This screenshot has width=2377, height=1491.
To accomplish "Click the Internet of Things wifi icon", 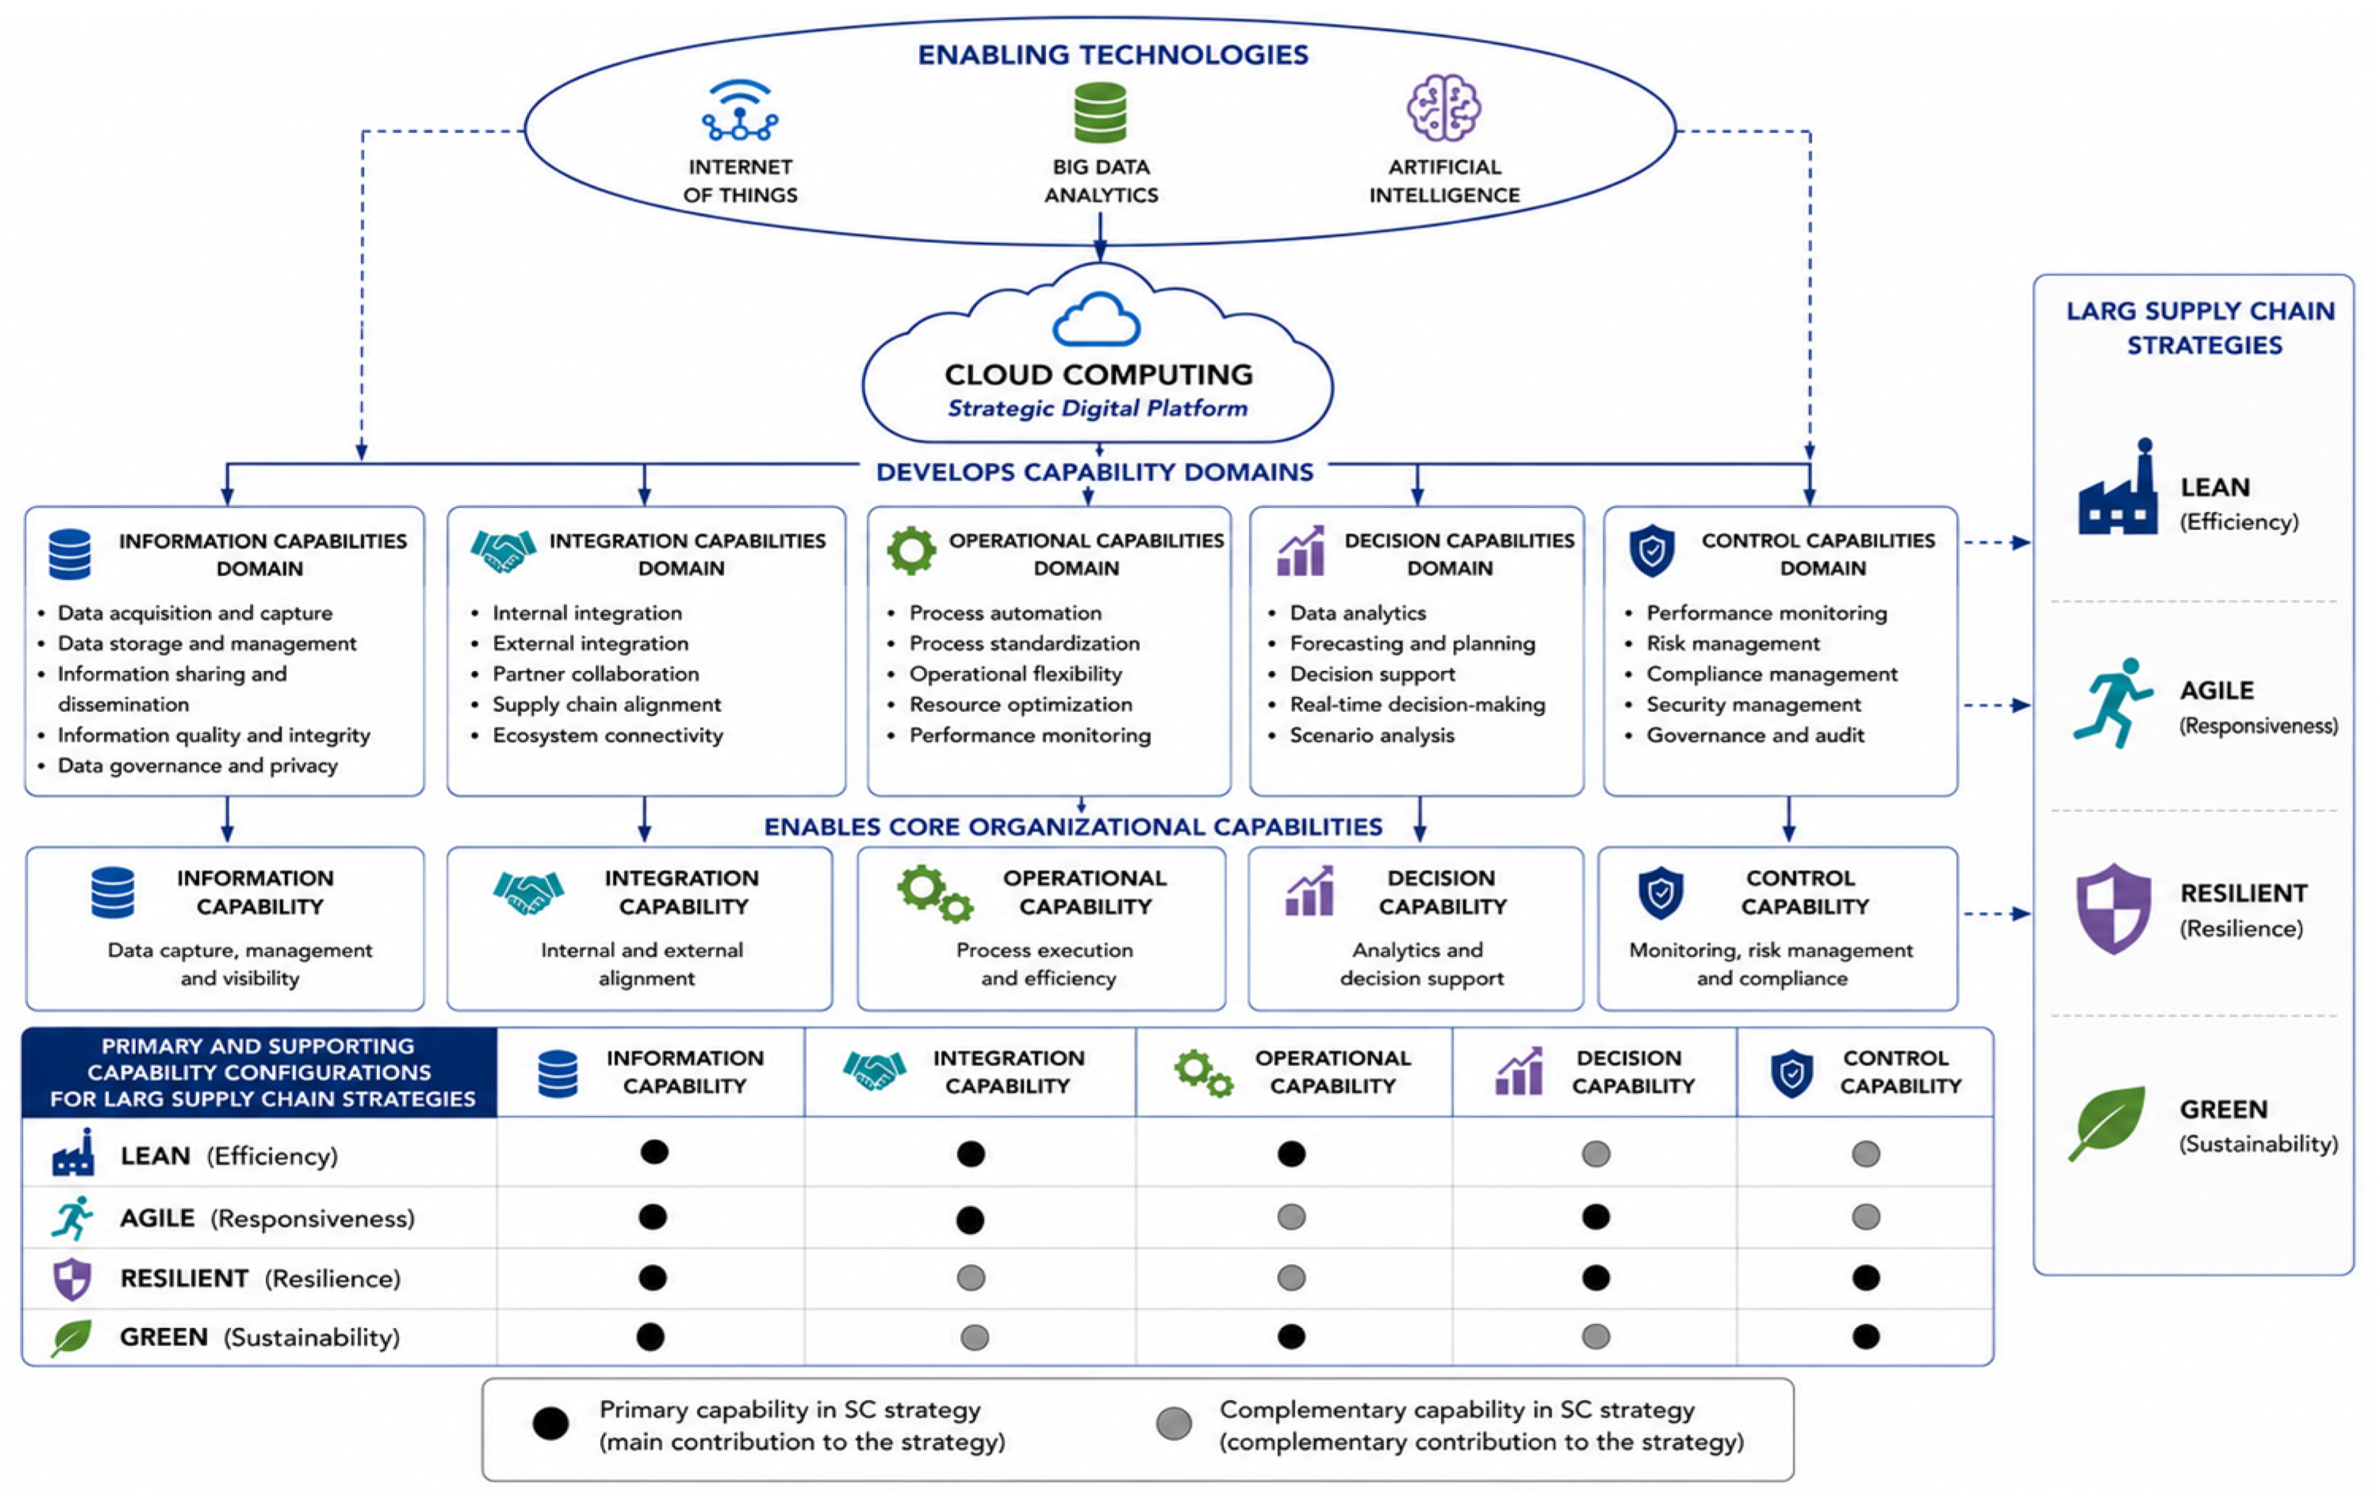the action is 739,110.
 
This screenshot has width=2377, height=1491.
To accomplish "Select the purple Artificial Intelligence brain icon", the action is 1443,108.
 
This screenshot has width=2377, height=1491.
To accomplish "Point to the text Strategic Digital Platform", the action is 1097,408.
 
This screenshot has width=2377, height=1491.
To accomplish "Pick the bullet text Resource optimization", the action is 1021,704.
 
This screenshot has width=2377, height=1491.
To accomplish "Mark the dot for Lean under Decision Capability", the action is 1595,1154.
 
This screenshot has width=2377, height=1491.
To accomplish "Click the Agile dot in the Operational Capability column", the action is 1290,1217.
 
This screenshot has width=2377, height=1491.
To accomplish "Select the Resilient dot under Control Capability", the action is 1865,1278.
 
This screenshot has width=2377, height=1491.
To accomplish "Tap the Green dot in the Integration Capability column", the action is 974,1337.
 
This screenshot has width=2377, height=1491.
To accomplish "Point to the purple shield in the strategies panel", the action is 2113,908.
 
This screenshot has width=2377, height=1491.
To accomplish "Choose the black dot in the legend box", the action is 550,1424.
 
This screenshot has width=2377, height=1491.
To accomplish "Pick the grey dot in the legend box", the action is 1173,1424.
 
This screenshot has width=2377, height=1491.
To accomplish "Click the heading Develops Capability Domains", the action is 1094,472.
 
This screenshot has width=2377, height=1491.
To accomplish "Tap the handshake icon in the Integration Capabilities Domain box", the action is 503,551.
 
